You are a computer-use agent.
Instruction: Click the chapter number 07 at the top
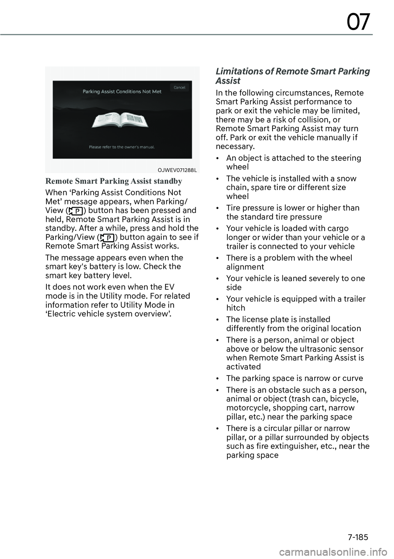358,22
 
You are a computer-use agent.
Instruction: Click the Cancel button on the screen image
179,87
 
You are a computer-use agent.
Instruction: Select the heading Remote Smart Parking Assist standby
114,181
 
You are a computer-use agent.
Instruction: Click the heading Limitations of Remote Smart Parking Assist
293,76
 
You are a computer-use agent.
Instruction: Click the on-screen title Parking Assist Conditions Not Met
122,92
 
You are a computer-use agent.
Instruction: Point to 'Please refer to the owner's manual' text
122,146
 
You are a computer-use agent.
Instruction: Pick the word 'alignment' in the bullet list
245,267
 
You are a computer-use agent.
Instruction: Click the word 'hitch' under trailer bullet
236,308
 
